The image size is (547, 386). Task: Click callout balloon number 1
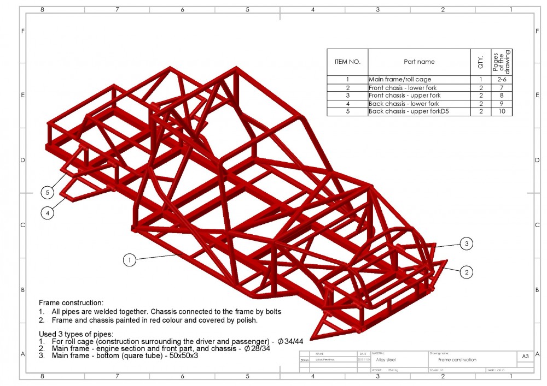tap(129, 260)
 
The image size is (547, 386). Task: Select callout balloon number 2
tap(466, 272)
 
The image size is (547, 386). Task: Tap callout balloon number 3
tap(466, 244)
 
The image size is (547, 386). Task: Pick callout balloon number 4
tap(48, 213)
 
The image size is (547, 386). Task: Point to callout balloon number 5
tap(48, 192)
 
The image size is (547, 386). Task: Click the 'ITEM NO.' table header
tap(347, 62)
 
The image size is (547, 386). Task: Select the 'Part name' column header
tap(419, 62)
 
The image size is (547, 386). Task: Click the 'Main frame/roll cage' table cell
tap(400, 79)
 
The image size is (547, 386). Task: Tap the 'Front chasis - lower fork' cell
tap(403, 87)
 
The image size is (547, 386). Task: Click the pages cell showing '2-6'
tap(502, 79)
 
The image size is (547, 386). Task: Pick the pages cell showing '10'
tap(502, 111)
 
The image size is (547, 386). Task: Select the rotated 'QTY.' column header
tap(481, 62)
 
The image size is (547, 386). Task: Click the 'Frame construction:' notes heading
tap(71, 302)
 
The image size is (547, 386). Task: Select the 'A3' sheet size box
tap(525, 357)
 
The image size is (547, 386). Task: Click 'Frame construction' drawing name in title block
tap(457, 360)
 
